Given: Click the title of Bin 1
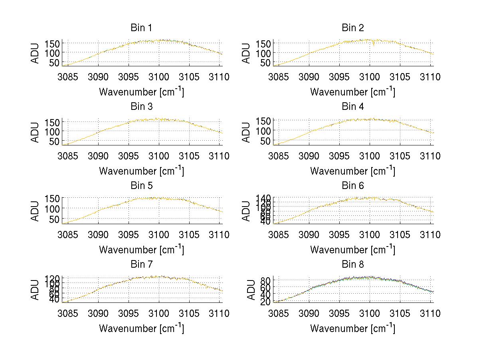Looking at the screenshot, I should [141, 28].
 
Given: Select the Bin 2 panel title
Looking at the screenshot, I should [353, 28].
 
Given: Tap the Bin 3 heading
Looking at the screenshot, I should [141, 107].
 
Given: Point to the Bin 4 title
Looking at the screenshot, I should [353, 107].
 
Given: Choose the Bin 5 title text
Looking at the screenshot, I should [141, 186].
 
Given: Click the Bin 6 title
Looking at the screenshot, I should [353, 186].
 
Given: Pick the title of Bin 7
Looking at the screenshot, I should [141, 265].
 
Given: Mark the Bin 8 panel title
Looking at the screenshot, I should [353, 265].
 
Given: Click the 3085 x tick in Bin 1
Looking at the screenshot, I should [68, 77].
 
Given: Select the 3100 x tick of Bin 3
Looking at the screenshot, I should [159, 155].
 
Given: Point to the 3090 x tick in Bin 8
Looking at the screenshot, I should [309, 313].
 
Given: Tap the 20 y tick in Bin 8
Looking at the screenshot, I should [268, 302].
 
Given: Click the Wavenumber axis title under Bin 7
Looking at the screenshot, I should [141, 328].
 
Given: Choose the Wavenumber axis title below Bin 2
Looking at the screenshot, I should [352, 91].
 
